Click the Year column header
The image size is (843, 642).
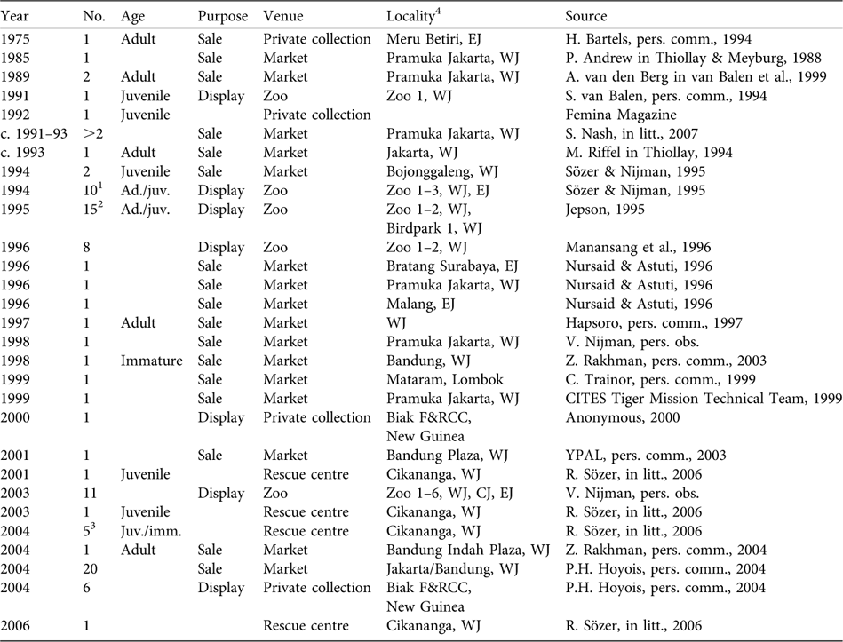click(x=18, y=17)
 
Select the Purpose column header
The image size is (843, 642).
click(x=222, y=17)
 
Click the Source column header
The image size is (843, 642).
click(x=586, y=17)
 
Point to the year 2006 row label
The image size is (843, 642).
click(x=18, y=625)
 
